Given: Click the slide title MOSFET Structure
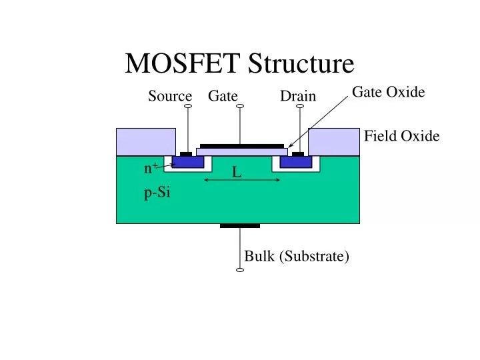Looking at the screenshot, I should [x=240, y=63].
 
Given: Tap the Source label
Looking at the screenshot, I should [x=169, y=96].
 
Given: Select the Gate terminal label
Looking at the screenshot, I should [x=223, y=96].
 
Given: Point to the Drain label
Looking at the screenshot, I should [x=297, y=96].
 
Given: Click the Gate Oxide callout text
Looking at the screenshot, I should [x=388, y=92].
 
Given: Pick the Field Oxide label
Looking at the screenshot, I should [x=401, y=136].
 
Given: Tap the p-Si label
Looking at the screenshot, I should [x=157, y=193].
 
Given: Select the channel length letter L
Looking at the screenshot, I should [x=236, y=173].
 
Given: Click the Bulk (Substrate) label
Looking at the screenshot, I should [x=297, y=256].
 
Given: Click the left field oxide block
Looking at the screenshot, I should [x=136, y=141].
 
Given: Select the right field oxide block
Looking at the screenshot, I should [x=333, y=141].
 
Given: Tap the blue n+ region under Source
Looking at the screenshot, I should [x=188, y=162].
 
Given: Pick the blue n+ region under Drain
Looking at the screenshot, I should [x=295, y=162].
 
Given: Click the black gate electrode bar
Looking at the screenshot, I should [x=241, y=145].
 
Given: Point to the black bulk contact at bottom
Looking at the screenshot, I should [x=240, y=225].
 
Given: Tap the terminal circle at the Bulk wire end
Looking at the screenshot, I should [x=240, y=270].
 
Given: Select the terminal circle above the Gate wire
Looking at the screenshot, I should [x=240, y=105].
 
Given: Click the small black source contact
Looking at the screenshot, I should [x=186, y=154].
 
